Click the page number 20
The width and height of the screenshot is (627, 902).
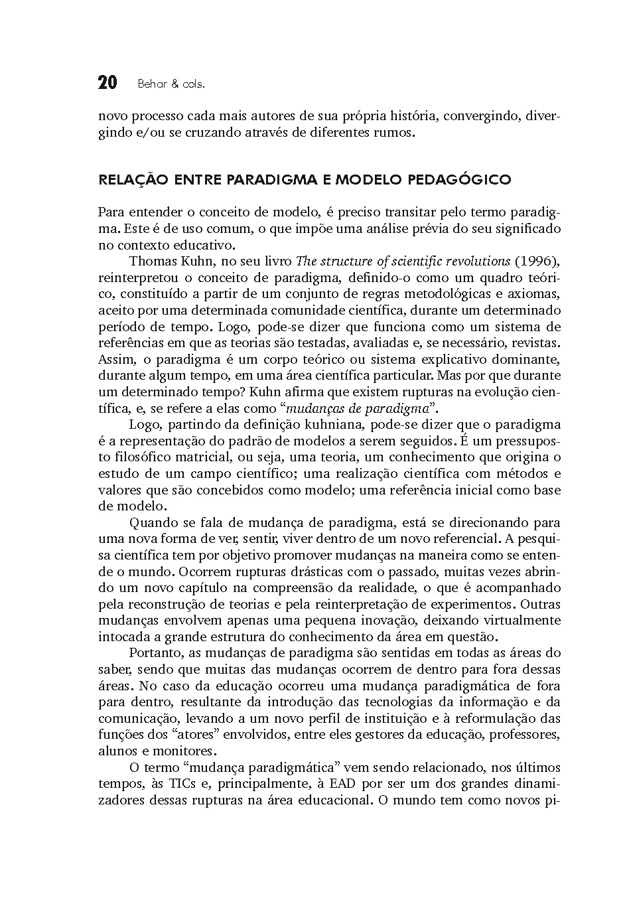(107, 83)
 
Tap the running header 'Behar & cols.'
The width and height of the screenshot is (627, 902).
(171, 84)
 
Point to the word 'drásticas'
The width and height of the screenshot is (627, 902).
(302, 571)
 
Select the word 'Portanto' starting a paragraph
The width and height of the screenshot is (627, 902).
(153, 653)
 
